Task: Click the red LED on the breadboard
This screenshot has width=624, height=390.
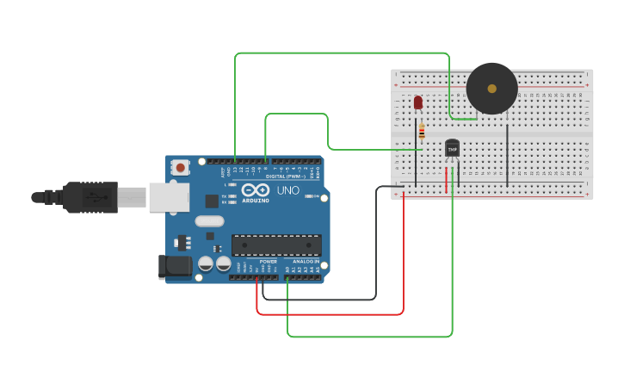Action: point(418,102)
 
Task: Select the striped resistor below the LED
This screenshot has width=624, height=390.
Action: point(421,132)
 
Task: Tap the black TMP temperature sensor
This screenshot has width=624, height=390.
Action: point(452,149)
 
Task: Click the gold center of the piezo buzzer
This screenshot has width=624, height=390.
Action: point(491,88)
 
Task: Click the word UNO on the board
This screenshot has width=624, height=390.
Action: point(287,189)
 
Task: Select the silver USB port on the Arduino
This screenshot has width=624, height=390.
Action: point(169,197)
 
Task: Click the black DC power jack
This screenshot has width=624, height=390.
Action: point(176,267)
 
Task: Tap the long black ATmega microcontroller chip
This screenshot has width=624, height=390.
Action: point(276,245)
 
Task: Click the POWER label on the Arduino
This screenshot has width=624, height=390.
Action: point(269,261)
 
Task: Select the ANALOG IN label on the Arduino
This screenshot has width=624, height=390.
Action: point(306,261)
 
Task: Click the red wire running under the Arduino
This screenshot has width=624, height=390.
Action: point(344,314)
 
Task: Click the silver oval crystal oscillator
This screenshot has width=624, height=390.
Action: point(209,221)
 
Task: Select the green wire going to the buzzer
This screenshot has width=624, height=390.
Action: point(344,53)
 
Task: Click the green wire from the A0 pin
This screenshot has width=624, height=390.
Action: point(370,337)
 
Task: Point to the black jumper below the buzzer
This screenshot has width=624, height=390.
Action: point(508,155)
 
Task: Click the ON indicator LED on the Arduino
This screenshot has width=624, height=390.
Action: point(309,196)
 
